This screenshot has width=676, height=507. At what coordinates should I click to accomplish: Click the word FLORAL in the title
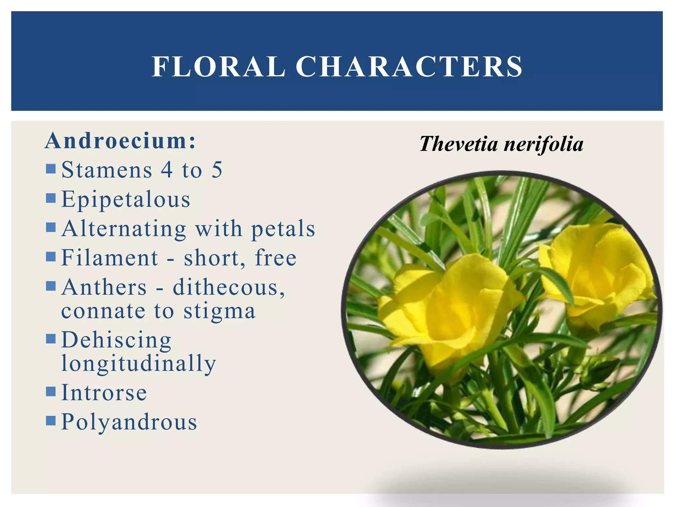click(x=219, y=67)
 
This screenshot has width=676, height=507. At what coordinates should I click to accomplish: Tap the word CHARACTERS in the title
click(x=409, y=67)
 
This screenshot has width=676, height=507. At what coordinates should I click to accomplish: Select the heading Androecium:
click(x=120, y=141)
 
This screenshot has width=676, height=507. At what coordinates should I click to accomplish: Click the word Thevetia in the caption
click(x=458, y=144)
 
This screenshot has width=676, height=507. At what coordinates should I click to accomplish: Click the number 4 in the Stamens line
click(x=167, y=170)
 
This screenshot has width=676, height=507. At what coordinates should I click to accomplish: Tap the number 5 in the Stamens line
click(x=217, y=170)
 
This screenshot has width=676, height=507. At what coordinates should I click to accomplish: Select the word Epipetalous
click(x=126, y=200)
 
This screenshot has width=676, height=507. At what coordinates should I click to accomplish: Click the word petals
click(x=283, y=228)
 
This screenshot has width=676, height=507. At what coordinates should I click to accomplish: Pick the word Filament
click(x=110, y=258)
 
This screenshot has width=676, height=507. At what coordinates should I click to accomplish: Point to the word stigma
click(x=220, y=311)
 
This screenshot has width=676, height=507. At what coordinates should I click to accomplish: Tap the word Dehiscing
click(x=116, y=340)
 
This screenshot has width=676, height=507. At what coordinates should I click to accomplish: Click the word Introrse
click(x=104, y=393)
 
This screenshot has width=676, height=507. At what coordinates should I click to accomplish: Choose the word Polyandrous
click(x=129, y=422)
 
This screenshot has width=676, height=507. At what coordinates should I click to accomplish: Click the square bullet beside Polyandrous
click(x=51, y=421)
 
